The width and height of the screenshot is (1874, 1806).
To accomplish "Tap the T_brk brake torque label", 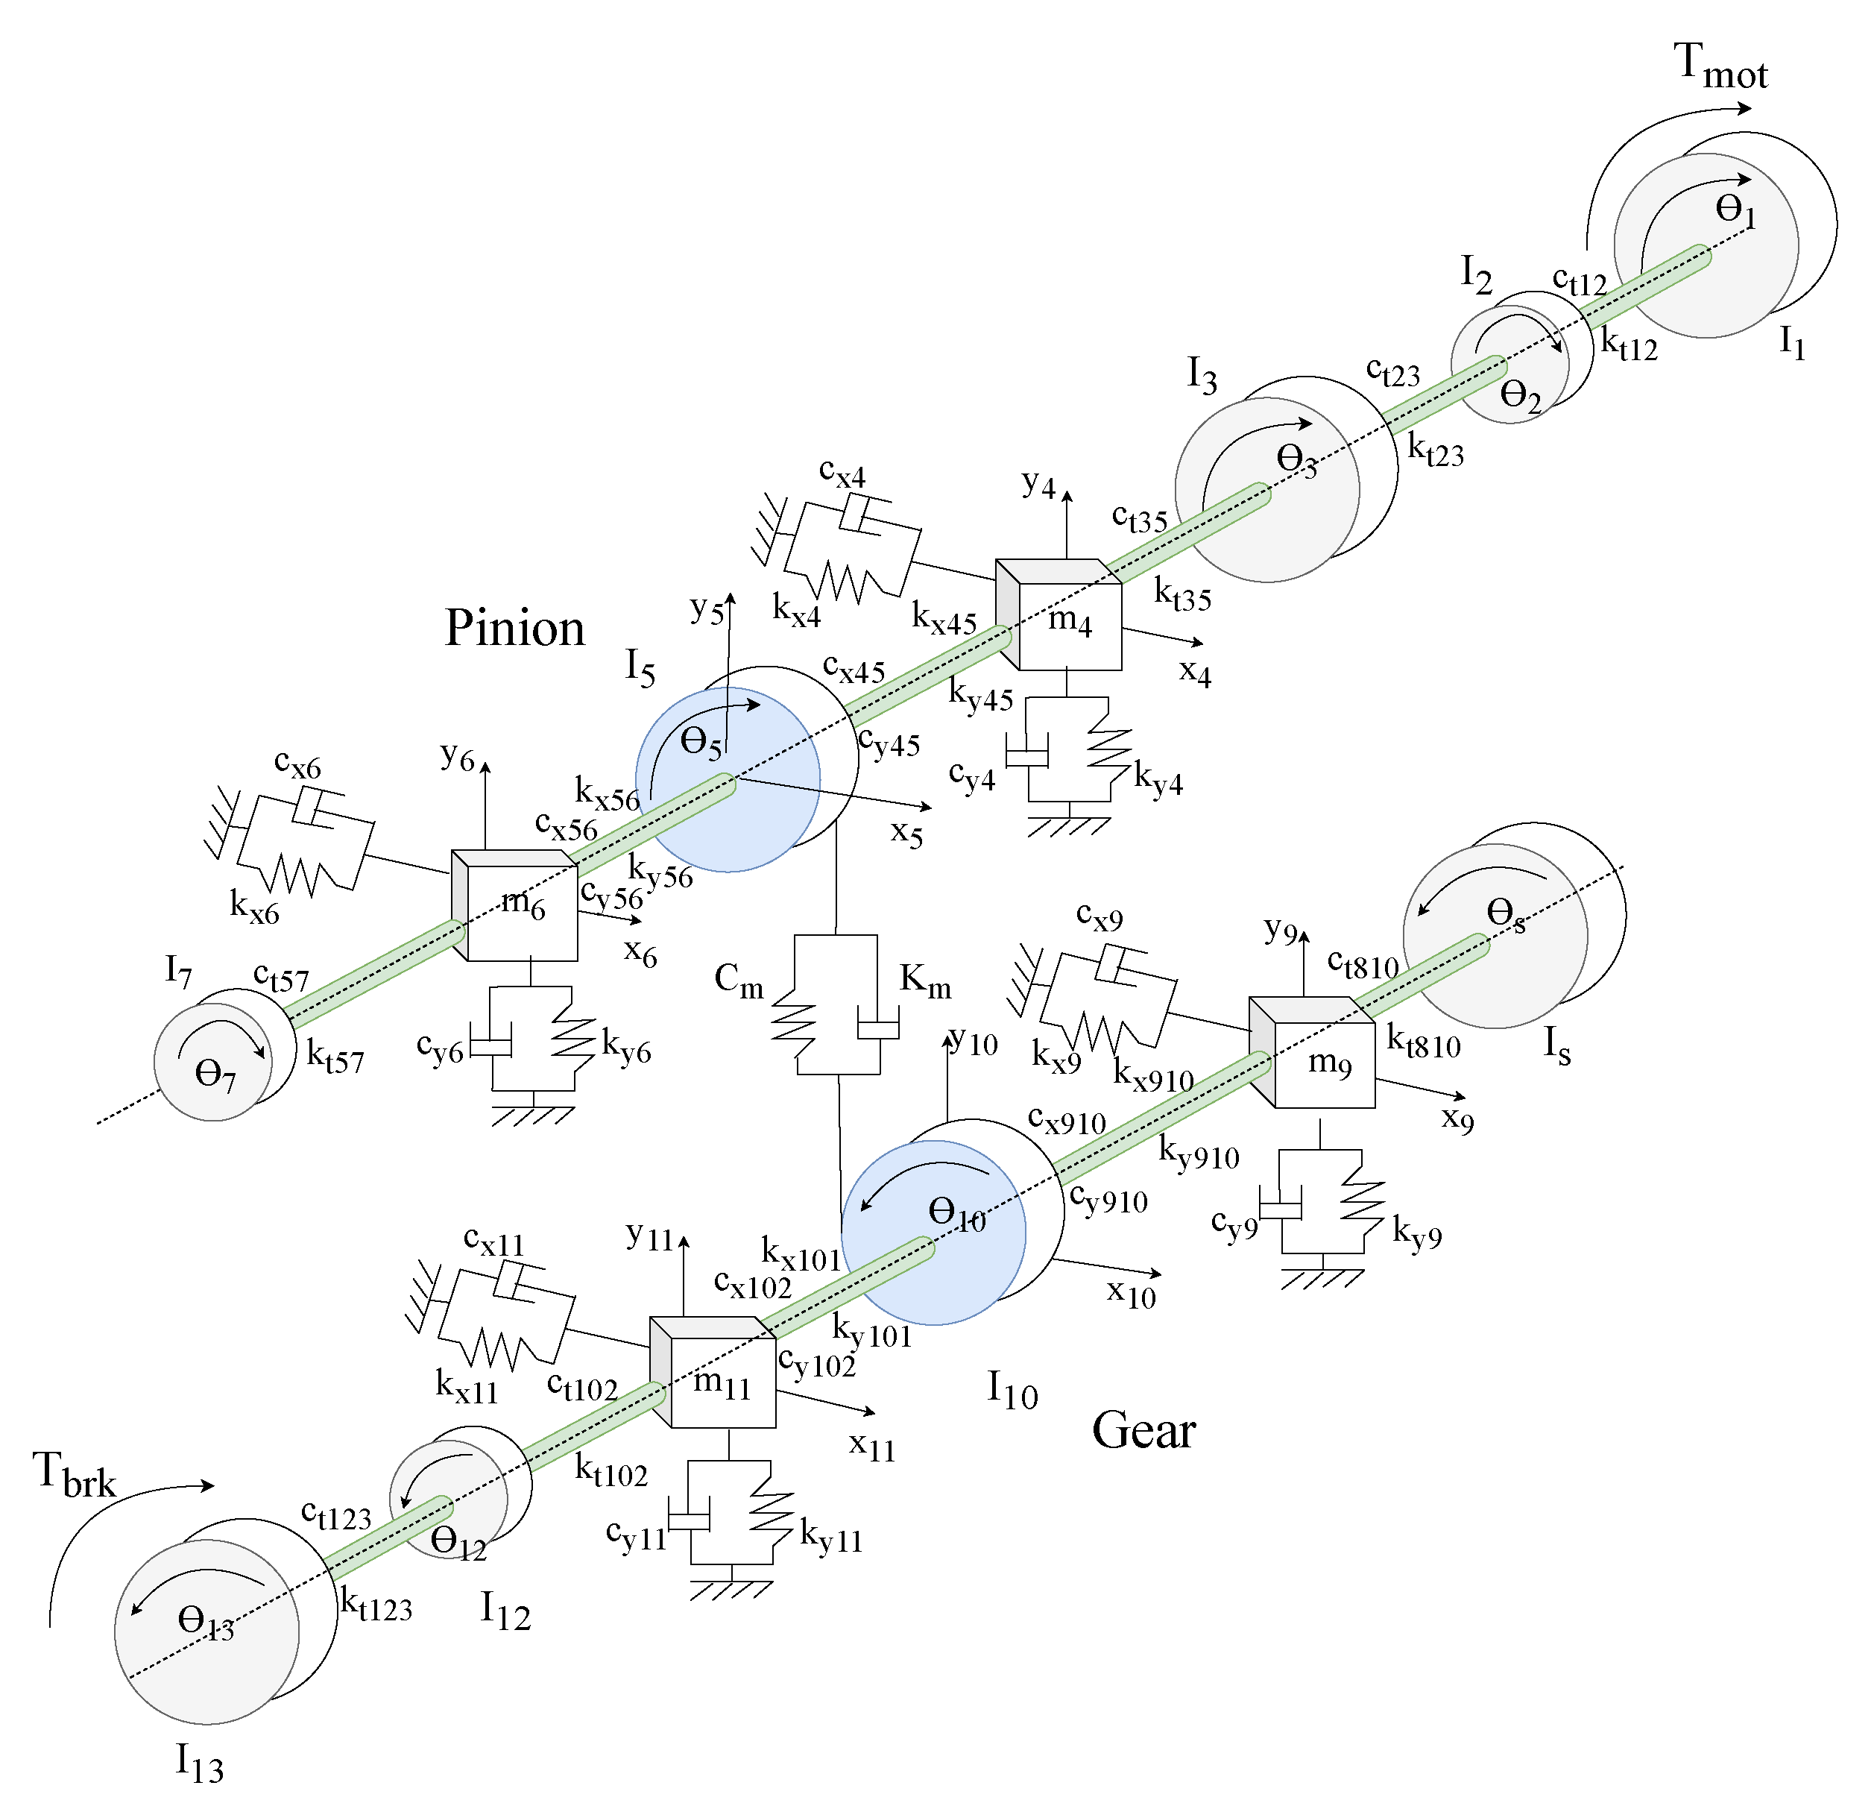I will click(x=74, y=1474).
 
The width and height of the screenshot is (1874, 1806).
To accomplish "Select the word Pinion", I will click(x=514, y=629).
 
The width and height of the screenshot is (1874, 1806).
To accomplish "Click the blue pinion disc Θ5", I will click(x=727, y=780).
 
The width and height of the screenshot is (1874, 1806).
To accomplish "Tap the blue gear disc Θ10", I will click(x=933, y=1234).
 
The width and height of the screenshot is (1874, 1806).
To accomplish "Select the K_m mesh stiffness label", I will click(x=924, y=981).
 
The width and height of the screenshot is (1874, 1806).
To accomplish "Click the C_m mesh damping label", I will click(x=739, y=981).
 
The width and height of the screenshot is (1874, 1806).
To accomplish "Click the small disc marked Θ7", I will click(x=212, y=1062).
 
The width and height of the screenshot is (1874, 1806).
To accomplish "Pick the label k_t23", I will click(x=1435, y=450).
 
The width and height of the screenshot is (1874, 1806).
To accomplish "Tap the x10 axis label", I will click(x=1131, y=1293).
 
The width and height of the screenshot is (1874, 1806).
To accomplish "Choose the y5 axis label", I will click(x=707, y=609).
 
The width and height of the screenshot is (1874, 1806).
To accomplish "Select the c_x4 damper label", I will click(x=842, y=473).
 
